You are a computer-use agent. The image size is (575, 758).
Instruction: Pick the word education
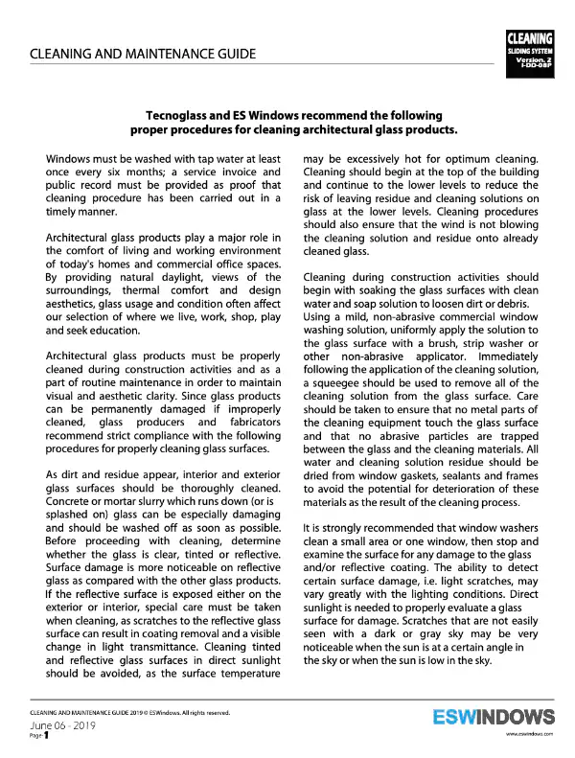[x=113, y=330]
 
